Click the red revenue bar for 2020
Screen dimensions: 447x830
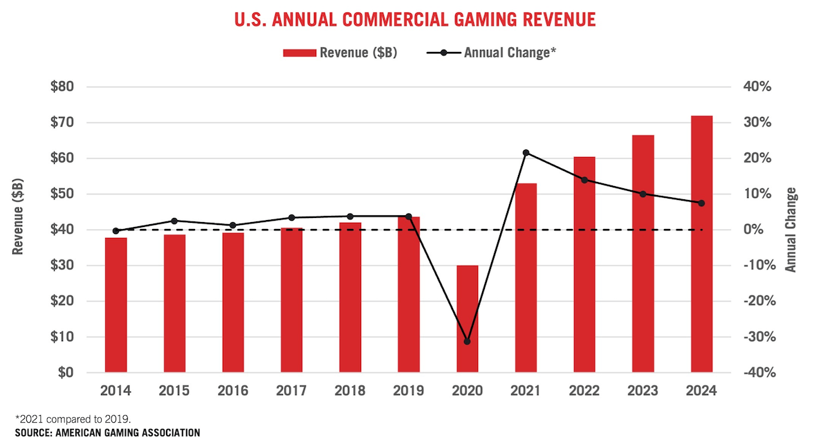coord(467,319)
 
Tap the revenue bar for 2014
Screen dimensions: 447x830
coord(116,305)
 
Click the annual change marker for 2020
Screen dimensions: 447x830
coord(467,342)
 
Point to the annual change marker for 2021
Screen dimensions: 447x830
coord(526,152)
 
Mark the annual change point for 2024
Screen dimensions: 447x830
coord(701,203)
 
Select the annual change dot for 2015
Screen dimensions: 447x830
coord(174,221)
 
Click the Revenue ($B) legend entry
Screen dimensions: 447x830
coord(340,53)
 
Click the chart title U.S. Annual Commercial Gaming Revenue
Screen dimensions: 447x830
coord(414,19)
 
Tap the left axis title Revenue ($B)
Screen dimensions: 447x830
coord(19,216)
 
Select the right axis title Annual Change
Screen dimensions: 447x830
coord(791,229)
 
